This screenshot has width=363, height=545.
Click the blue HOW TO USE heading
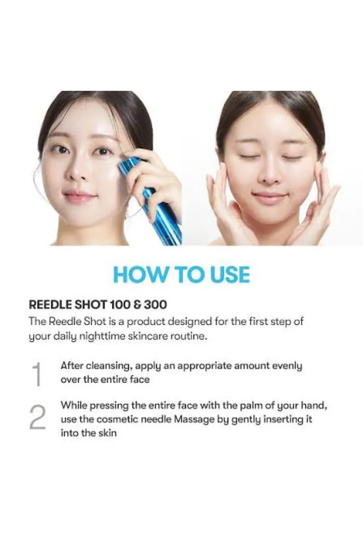coord(181,275)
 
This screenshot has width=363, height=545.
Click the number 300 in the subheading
coord(156,305)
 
